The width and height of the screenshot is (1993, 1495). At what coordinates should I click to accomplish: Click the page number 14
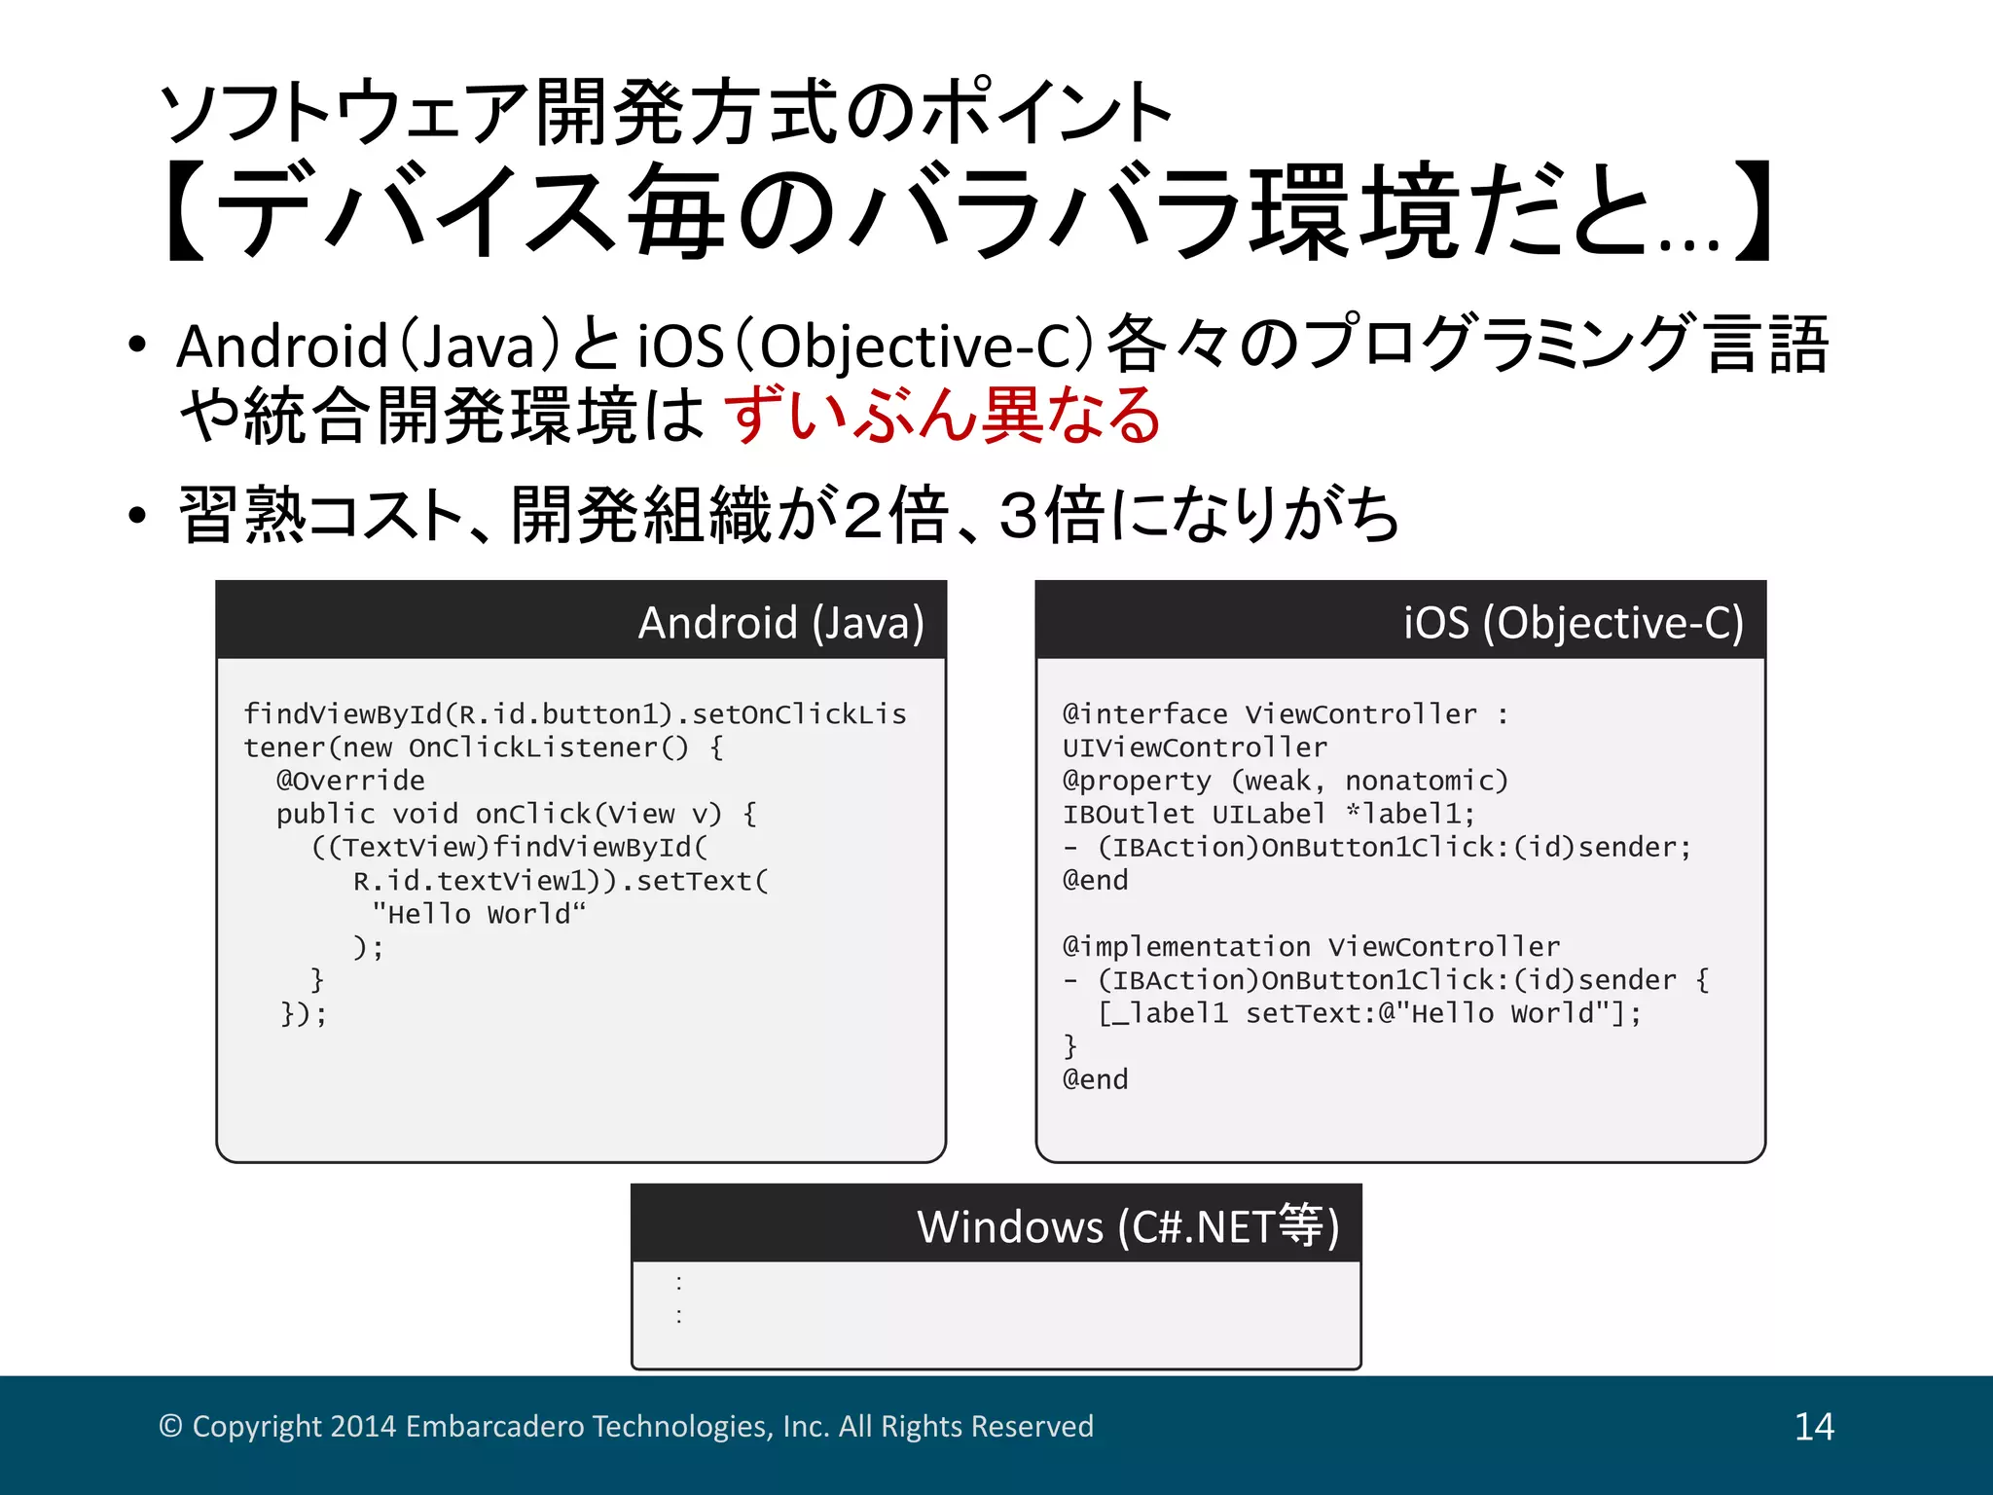click(1814, 1427)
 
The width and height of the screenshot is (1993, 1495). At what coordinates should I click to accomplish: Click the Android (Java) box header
click(780, 623)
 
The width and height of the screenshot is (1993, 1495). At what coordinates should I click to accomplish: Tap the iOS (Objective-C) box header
click(1573, 623)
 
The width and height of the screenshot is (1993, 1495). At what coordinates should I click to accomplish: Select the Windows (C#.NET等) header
click(1128, 1226)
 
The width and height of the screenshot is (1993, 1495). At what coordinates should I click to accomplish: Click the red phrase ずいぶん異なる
click(943, 416)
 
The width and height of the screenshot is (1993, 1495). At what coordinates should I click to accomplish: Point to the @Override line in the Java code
click(350, 781)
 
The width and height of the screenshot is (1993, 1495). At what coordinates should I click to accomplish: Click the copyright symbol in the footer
click(170, 1427)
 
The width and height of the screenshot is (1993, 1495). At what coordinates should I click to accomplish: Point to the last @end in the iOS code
click(1096, 1079)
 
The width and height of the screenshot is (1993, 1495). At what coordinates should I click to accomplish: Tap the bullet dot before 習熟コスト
click(137, 515)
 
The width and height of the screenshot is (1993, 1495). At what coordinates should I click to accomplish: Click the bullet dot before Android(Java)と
click(137, 345)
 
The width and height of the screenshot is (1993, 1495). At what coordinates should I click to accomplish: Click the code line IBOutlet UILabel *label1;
click(1268, 814)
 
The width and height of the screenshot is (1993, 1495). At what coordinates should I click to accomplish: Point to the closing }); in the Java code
click(304, 1014)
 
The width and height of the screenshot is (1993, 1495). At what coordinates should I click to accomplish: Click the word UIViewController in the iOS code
click(1194, 747)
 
